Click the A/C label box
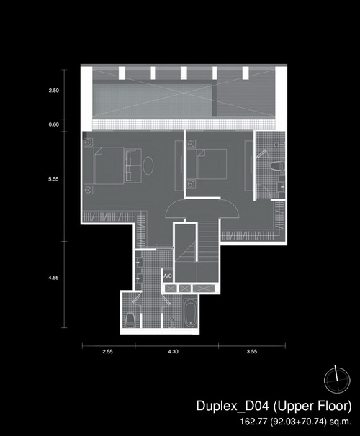click(168, 276)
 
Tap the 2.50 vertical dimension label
click(54, 91)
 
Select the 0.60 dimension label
click(54, 124)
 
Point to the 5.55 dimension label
click(53, 179)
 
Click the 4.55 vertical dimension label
click(53, 278)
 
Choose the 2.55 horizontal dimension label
click(108, 352)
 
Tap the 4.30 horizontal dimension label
click(173, 352)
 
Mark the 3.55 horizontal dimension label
click(252, 352)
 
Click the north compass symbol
click(337, 381)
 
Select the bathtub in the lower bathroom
click(191, 314)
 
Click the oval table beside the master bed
click(148, 165)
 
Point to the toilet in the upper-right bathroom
click(277, 166)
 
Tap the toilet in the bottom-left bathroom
click(130, 320)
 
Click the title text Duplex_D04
click(233, 406)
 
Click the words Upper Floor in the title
click(312, 406)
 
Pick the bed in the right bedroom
click(207, 164)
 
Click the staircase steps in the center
click(208, 241)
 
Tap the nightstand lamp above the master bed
click(88, 142)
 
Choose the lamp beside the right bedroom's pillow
click(191, 144)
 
